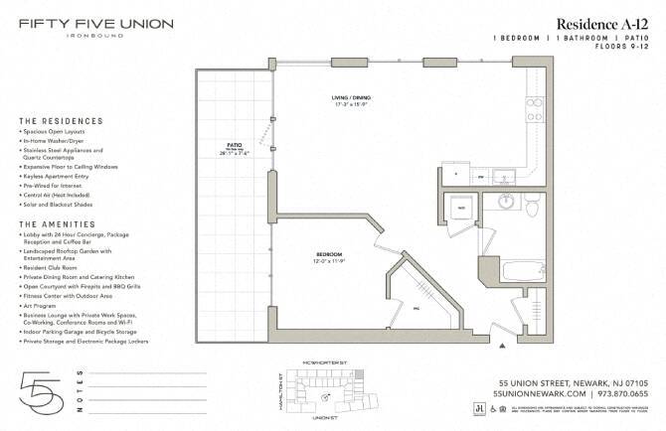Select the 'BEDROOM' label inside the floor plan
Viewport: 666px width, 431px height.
[x=329, y=255]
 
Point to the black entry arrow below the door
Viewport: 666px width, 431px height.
[x=503, y=346]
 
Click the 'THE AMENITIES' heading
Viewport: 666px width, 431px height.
[x=58, y=224]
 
